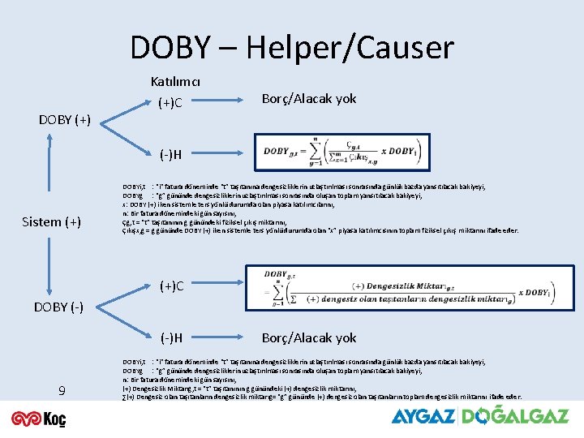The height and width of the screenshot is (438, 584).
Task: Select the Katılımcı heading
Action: pos(176,82)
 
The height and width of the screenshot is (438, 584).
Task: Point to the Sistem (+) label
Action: pos(51,221)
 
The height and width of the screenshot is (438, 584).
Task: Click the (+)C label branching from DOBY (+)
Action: pos(171,103)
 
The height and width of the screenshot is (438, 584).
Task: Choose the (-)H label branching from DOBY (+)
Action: pos(170,154)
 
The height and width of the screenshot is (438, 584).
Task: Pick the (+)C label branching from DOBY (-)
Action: pos(171,286)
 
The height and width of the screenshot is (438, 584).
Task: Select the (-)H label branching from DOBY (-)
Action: pos(170,337)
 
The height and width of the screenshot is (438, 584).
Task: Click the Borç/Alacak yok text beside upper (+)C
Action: pos(309,99)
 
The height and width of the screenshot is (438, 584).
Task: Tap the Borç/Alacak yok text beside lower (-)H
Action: pos(309,337)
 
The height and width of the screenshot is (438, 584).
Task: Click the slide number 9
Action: pos(62,392)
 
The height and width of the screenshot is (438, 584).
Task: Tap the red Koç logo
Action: pos(38,418)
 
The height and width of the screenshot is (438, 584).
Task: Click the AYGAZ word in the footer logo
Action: pos(423,416)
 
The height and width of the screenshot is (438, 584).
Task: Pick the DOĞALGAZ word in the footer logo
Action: pos(515,415)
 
